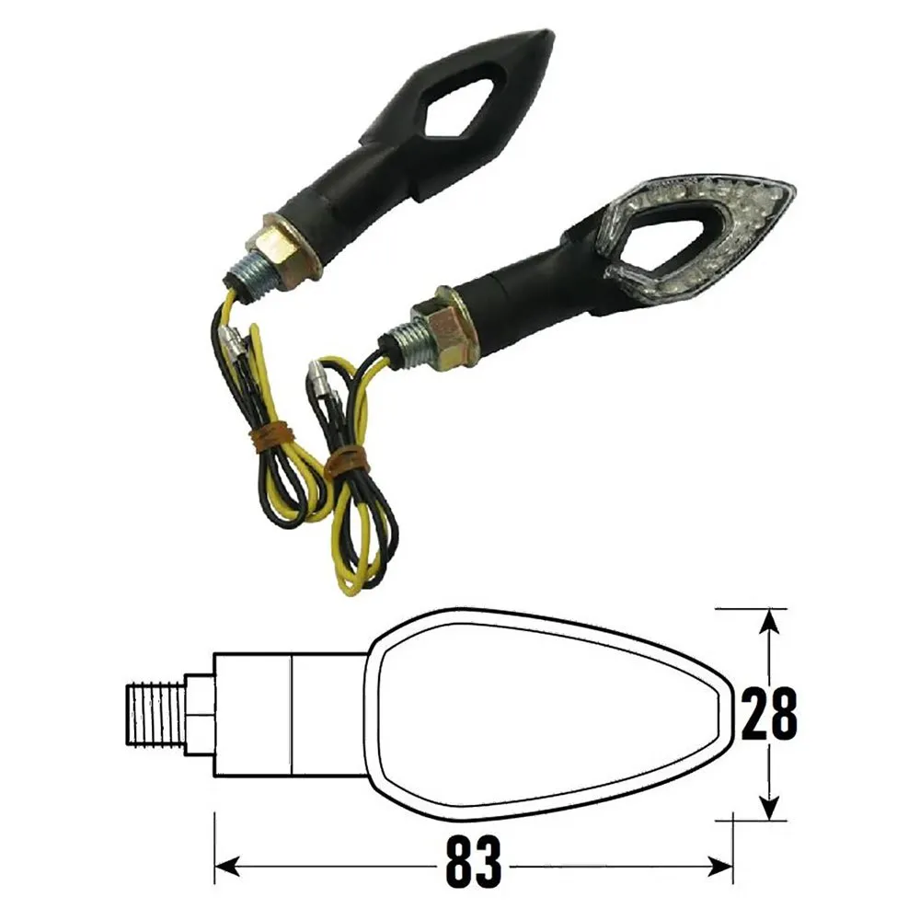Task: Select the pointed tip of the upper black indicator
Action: coord(550,35)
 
